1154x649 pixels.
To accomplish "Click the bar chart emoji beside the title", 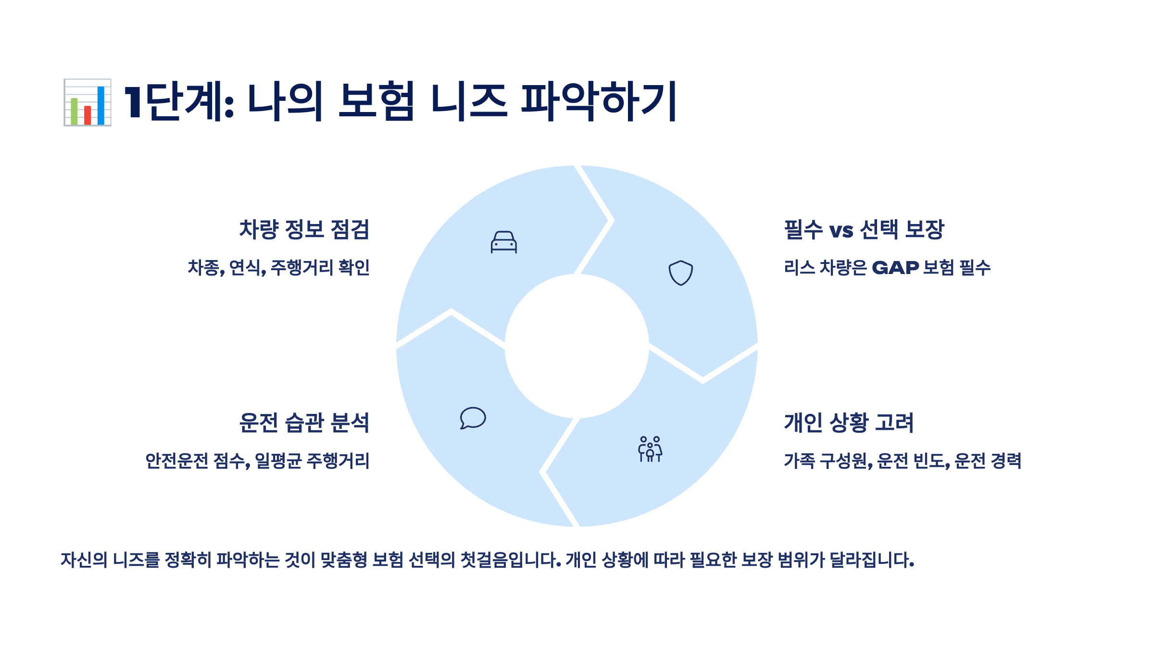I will click(88, 102).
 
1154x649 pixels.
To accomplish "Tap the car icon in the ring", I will click(503, 242).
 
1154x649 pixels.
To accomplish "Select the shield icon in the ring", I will click(681, 273).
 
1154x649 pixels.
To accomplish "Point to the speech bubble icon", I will click(473, 418).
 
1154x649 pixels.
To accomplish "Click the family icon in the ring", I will click(650, 449).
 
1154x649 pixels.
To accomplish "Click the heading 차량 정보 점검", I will click(304, 229).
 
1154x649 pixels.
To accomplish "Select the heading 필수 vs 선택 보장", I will click(864, 229).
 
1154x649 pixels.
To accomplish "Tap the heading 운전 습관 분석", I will click(304, 423).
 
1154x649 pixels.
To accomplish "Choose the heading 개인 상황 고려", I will click(849, 423).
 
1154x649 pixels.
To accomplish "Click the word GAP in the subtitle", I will click(895, 268).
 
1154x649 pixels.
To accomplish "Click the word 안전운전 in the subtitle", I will click(176, 461).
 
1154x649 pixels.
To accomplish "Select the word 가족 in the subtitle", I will click(799, 461).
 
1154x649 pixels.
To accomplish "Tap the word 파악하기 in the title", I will click(599, 102).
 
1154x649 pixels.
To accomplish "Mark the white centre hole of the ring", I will click(577, 346).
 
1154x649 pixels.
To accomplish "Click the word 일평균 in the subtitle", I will click(278, 461).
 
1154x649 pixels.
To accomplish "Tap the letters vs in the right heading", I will click(841, 230).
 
